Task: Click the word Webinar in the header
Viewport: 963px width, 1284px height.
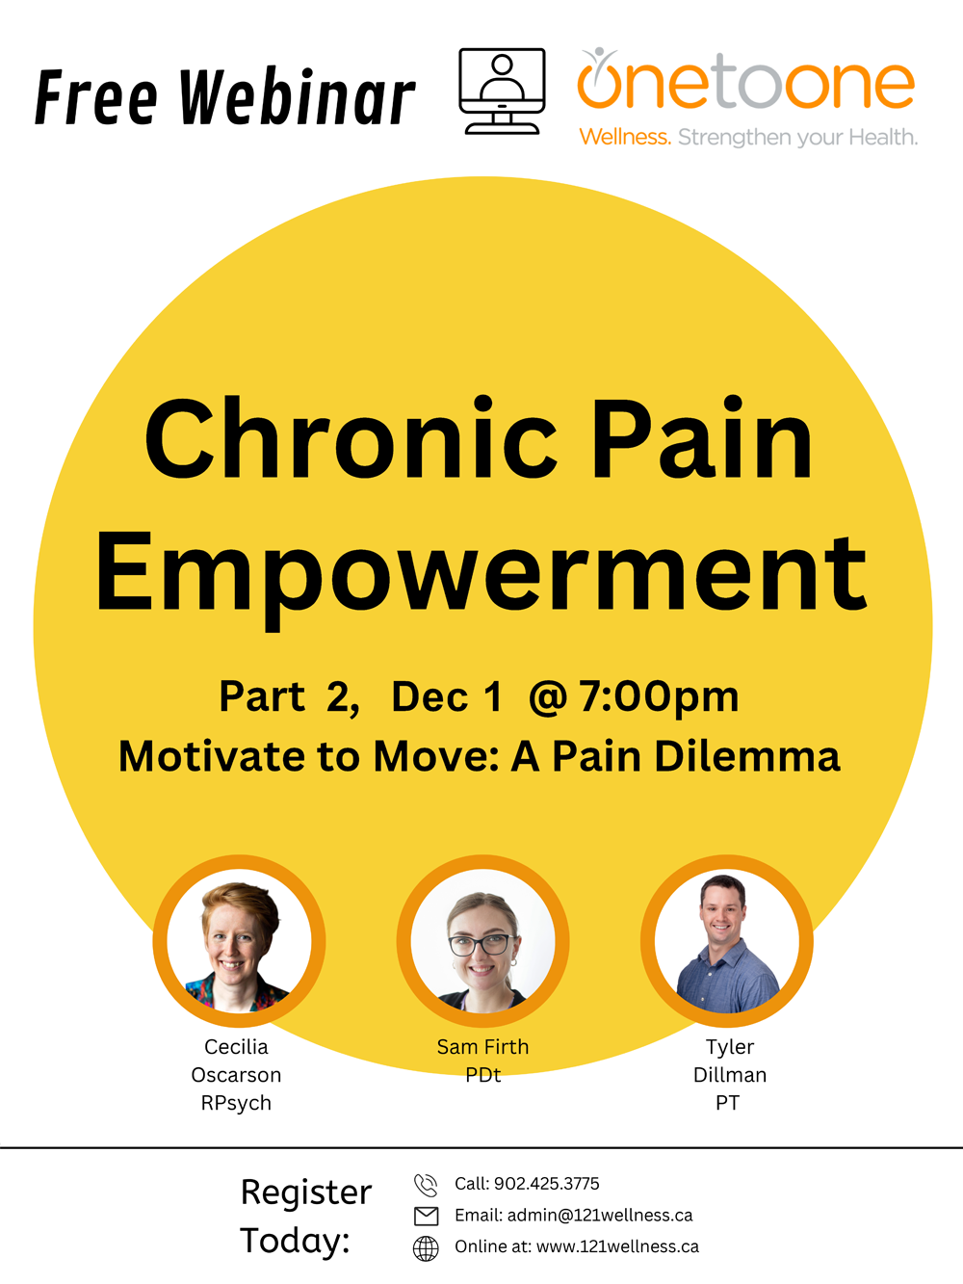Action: click(x=297, y=97)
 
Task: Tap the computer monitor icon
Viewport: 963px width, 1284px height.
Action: click(x=502, y=92)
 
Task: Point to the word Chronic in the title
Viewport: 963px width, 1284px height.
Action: click(x=351, y=437)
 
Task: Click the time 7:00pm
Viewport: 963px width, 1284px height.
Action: click(x=659, y=696)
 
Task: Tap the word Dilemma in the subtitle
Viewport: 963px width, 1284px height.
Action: click(x=746, y=756)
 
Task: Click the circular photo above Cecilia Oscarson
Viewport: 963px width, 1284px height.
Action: click(x=239, y=941)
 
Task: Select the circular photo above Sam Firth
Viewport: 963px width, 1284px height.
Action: click(x=483, y=941)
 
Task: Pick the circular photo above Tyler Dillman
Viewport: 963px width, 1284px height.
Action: click(x=727, y=941)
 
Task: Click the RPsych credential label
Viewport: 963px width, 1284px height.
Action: click(x=236, y=1103)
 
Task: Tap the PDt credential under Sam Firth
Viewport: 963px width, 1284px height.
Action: click(x=483, y=1075)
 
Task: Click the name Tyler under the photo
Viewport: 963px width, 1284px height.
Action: click(x=730, y=1047)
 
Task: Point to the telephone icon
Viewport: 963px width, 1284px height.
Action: click(x=426, y=1185)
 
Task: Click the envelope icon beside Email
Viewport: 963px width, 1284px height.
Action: click(x=427, y=1217)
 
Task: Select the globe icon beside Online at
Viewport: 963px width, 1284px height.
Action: click(x=426, y=1249)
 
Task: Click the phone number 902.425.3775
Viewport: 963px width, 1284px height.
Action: click(x=547, y=1184)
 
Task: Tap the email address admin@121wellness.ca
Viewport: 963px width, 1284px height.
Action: click(x=600, y=1216)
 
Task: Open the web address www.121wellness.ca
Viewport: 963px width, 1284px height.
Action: click(x=617, y=1246)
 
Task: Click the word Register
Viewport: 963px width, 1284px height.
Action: click(x=306, y=1193)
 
